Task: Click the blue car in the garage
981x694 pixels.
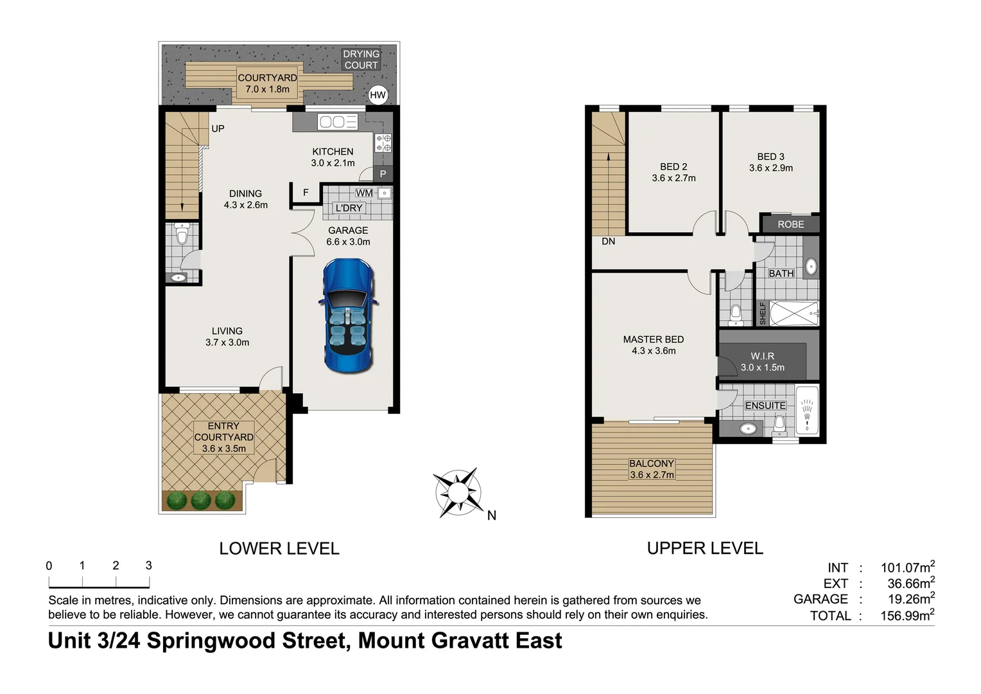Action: [x=348, y=315]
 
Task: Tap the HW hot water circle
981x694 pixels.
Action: [x=378, y=95]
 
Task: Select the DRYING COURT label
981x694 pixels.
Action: [x=361, y=60]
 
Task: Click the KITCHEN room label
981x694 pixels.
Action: [x=333, y=152]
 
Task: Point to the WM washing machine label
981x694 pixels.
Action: [x=364, y=193]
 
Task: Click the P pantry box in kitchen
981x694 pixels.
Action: [x=383, y=173]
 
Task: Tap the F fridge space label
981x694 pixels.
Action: [x=306, y=192]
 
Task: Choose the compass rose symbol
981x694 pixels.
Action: [x=458, y=493]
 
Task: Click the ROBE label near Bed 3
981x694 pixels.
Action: [x=790, y=224]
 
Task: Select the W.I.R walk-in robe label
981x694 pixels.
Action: [x=762, y=356]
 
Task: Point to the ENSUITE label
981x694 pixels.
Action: [x=765, y=405]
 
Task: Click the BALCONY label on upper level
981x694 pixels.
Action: [x=652, y=463]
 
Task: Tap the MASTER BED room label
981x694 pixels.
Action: [x=653, y=339]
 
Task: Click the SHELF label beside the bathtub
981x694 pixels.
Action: [x=763, y=314]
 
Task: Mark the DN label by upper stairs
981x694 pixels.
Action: [x=608, y=242]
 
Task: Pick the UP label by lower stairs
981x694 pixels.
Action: [x=218, y=129]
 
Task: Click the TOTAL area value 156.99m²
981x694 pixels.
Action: [x=907, y=615]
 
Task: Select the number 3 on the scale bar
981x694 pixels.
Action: [x=148, y=565]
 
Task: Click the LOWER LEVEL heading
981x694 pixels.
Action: [x=279, y=548]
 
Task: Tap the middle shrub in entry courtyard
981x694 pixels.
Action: [x=201, y=500]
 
